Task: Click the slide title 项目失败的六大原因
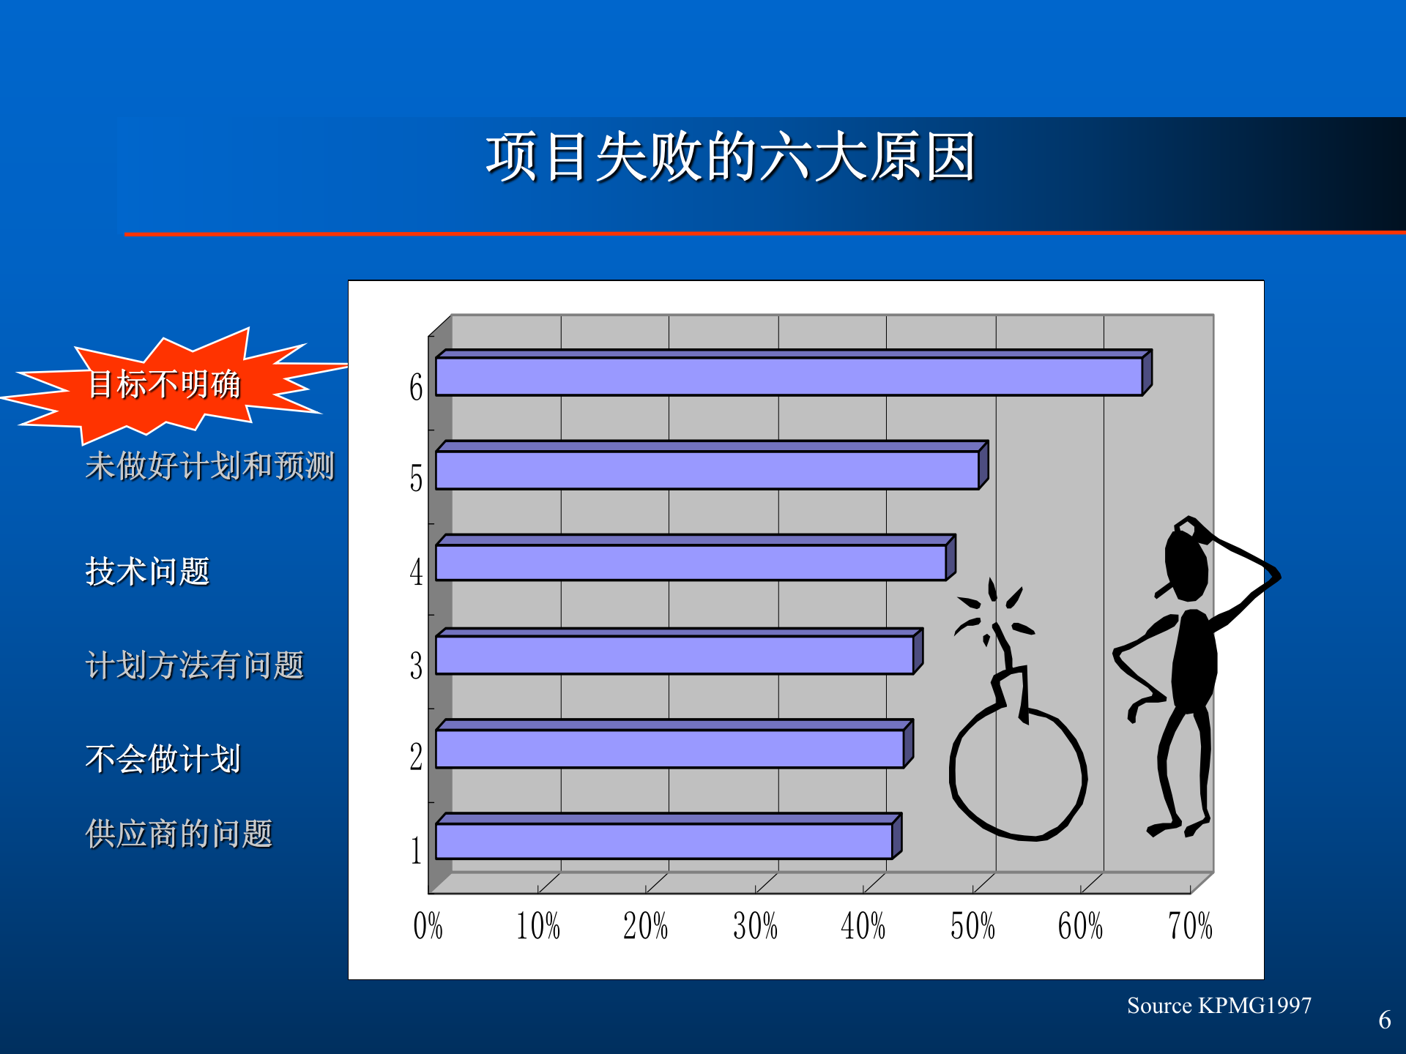pos(730,157)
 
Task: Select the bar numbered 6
pos(788,376)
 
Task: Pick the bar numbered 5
pos(707,469)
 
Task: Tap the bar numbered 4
pos(690,562)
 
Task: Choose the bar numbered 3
pos(674,654)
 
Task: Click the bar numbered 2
pos(669,748)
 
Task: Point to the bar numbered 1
pos(663,841)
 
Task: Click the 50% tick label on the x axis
pos(972,926)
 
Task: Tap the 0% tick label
pos(428,926)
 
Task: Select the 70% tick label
pos(1190,926)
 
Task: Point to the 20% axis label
pos(645,926)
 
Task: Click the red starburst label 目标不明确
pos(164,384)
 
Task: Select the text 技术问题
pos(148,571)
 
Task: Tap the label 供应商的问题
pos(179,834)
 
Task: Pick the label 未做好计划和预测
pos(210,466)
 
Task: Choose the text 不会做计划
pos(163,758)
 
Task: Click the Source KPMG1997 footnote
pos(1219,1006)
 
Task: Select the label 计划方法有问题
pos(195,665)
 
